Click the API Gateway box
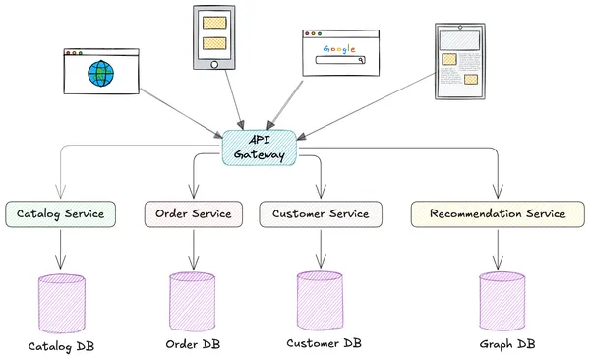click(261, 148)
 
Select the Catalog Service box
click(61, 213)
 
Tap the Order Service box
click(193, 213)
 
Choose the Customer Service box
click(321, 213)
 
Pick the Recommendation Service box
click(498, 213)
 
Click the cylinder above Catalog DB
click(61, 303)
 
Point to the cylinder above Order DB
click(193, 301)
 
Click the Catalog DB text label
click(61, 346)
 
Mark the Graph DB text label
click(507, 344)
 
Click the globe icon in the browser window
click(99, 73)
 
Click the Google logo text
click(339, 45)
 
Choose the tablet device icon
click(460, 61)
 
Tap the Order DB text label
click(193, 344)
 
